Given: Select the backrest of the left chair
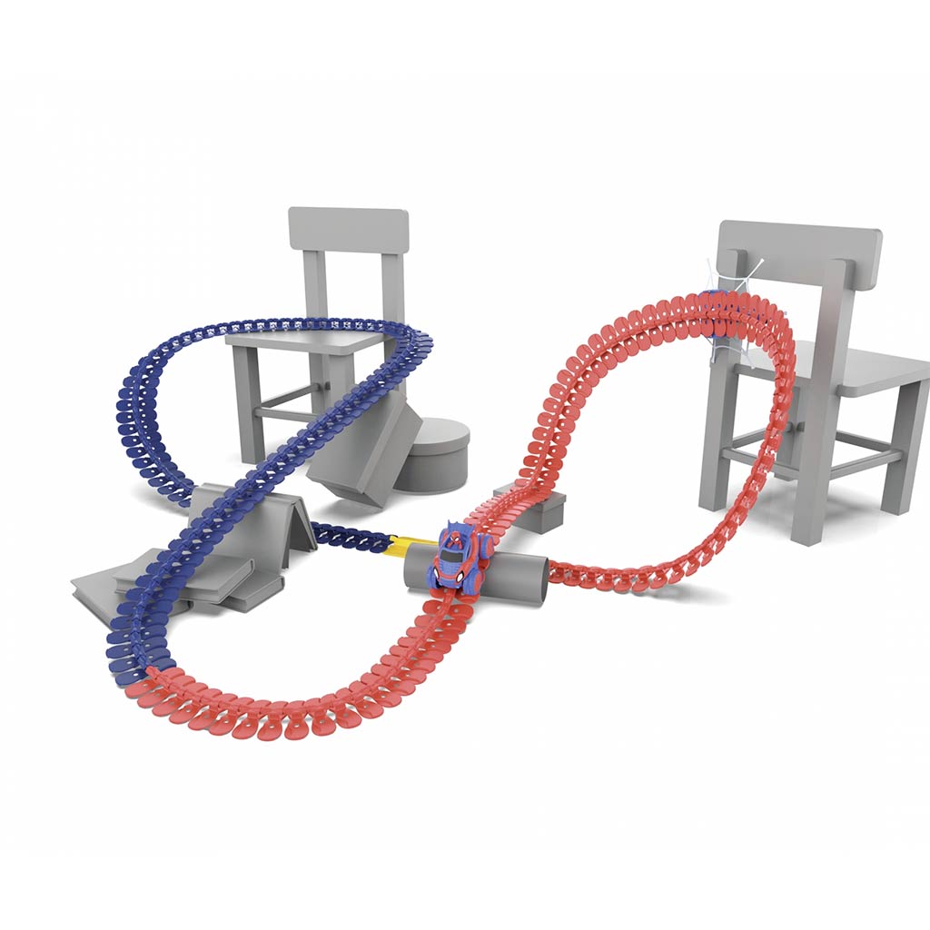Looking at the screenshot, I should click(x=348, y=230).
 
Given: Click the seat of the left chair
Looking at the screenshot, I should click(x=309, y=341).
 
